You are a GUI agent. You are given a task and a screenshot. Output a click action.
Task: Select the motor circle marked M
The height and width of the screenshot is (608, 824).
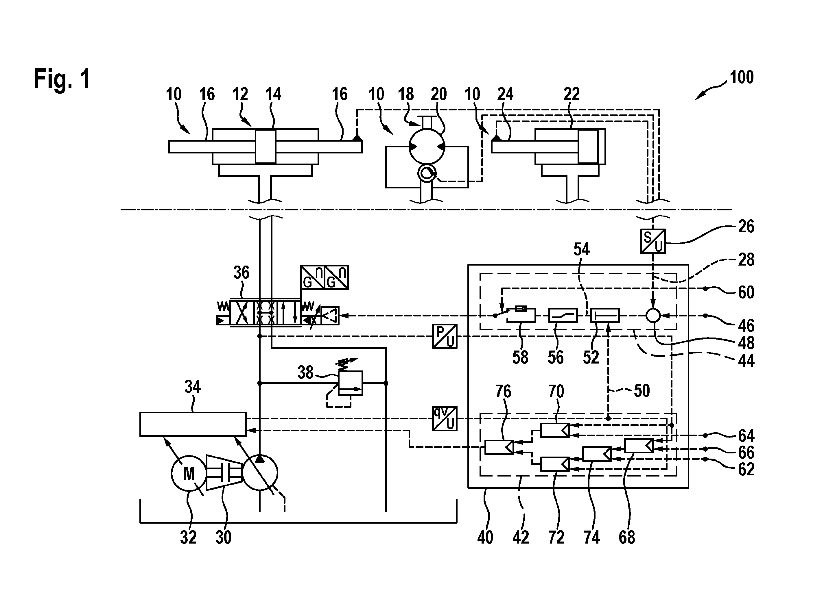(x=189, y=473)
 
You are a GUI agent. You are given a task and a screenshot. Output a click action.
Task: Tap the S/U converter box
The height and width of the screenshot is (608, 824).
(x=653, y=241)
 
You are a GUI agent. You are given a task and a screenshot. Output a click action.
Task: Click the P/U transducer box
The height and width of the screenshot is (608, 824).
(x=445, y=336)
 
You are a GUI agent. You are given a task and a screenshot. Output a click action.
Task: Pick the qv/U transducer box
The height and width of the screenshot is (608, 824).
(x=445, y=418)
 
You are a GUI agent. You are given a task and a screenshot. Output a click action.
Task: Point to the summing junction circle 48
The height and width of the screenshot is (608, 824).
(x=653, y=315)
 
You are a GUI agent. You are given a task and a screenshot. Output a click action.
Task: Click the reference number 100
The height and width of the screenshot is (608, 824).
(x=742, y=78)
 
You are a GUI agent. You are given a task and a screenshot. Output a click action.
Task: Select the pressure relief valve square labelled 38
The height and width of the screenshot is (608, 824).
(x=351, y=383)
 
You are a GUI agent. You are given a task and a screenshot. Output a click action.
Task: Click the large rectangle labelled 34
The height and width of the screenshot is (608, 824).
(x=193, y=424)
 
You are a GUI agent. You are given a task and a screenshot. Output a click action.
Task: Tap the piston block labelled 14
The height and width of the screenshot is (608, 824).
(x=266, y=146)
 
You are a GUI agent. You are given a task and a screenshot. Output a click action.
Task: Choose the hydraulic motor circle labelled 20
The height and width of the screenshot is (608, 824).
(x=427, y=147)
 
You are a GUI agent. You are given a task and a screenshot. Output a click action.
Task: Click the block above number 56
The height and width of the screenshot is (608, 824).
(x=563, y=315)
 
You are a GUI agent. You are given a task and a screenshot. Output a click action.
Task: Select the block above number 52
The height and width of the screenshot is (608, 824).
(x=605, y=315)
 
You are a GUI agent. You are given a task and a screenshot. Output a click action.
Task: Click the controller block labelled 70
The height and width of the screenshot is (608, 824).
(x=555, y=430)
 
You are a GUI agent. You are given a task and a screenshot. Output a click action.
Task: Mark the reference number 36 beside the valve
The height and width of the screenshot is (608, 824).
(x=242, y=273)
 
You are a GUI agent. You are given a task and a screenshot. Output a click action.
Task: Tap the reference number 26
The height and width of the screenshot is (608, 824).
(x=746, y=226)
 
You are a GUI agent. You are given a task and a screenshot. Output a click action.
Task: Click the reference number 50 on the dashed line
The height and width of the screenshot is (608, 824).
(x=642, y=390)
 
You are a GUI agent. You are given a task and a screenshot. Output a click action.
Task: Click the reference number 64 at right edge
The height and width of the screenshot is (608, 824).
(x=746, y=436)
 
